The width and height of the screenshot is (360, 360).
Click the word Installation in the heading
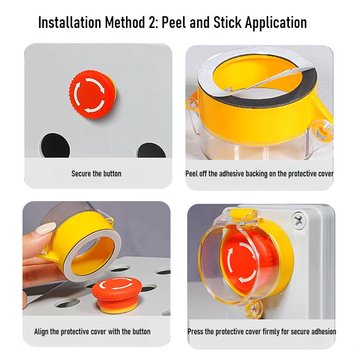click(70, 22)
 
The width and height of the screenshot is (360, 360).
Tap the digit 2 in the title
click(153, 23)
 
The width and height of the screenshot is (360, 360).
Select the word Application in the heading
click(276, 23)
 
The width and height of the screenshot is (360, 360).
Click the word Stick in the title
click(227, 22)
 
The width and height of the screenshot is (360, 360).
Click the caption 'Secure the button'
click(96, 174)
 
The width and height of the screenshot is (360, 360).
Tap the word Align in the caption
click(41, 332)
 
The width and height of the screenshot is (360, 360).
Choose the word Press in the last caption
click(195, 332)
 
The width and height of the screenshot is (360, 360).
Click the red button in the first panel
click(92, 94)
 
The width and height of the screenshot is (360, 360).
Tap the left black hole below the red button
click(55, 146)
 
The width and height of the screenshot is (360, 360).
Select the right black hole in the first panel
click(151, 150)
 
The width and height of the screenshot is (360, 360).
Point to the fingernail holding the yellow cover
click(45, 228)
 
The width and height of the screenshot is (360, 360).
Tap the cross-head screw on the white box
click(298, 221)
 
